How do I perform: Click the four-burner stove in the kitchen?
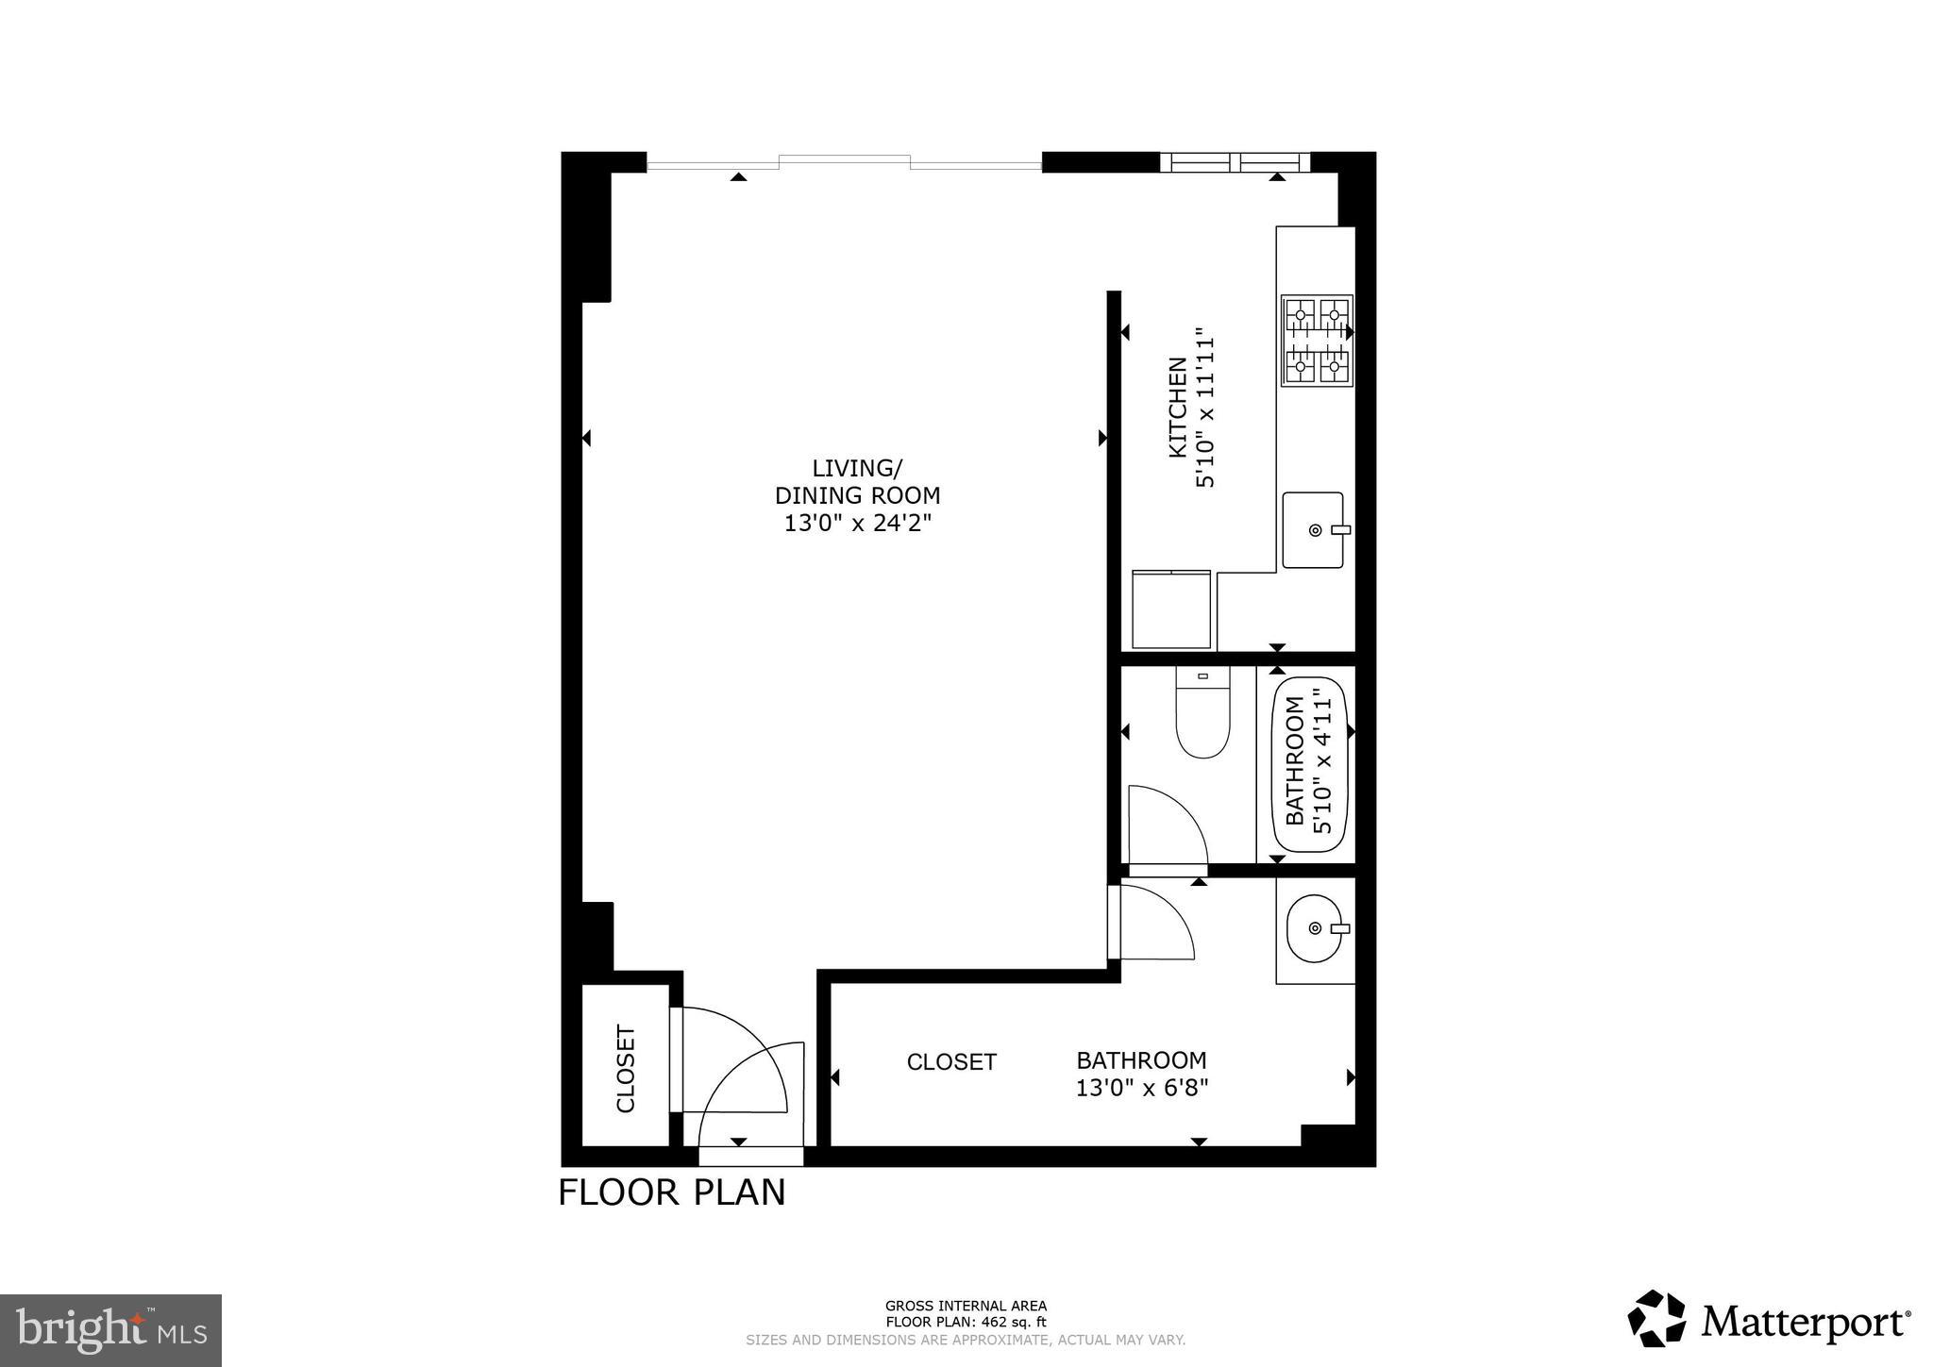coord(1317,341)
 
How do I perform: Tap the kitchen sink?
coord(1312,530)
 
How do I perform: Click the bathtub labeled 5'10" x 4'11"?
coord(1310,764)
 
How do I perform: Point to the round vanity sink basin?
coord(1313,928)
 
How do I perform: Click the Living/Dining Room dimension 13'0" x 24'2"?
coord(857,523)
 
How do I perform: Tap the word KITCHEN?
coord(1177,407)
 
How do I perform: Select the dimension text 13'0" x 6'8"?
coord(1142,1088)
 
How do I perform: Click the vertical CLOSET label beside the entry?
coord(625,1068)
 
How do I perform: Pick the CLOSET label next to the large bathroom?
coord(951,1062)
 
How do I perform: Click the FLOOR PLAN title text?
coord(671,1192)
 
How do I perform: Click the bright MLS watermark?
coord(110,1330)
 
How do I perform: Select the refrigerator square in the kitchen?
coord(1170,609)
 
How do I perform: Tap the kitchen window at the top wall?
coord(1234,162)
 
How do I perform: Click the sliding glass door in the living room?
coord(844,163)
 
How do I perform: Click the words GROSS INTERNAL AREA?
coord(966,1307)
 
